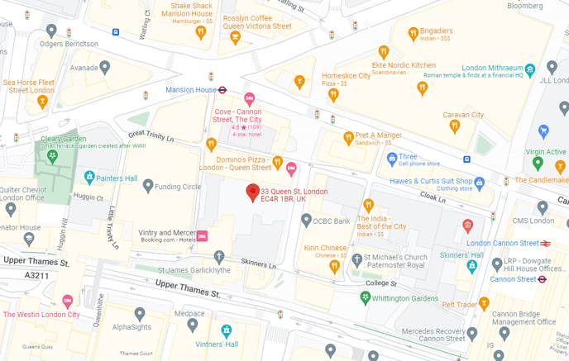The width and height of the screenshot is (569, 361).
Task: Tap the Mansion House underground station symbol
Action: tap(223, 89)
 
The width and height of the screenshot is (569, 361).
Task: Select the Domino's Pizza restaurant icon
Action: tap(278, 162)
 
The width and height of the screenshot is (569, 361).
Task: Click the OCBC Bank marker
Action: tap(306, 220)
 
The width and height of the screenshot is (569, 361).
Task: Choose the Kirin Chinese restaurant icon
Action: tap(335, 266)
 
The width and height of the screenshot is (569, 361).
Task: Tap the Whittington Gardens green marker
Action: tap(364, 298)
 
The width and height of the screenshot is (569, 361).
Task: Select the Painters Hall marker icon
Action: tap(89, 177)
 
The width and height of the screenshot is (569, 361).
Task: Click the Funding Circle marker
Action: tap(148, 186)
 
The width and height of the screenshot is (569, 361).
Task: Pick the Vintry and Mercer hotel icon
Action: tap(202, 236)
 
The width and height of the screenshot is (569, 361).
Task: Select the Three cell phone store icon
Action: tap(391, 157)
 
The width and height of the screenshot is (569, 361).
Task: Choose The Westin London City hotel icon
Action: tap(68, 302)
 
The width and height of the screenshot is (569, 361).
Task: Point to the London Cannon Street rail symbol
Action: tap(547, 244)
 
